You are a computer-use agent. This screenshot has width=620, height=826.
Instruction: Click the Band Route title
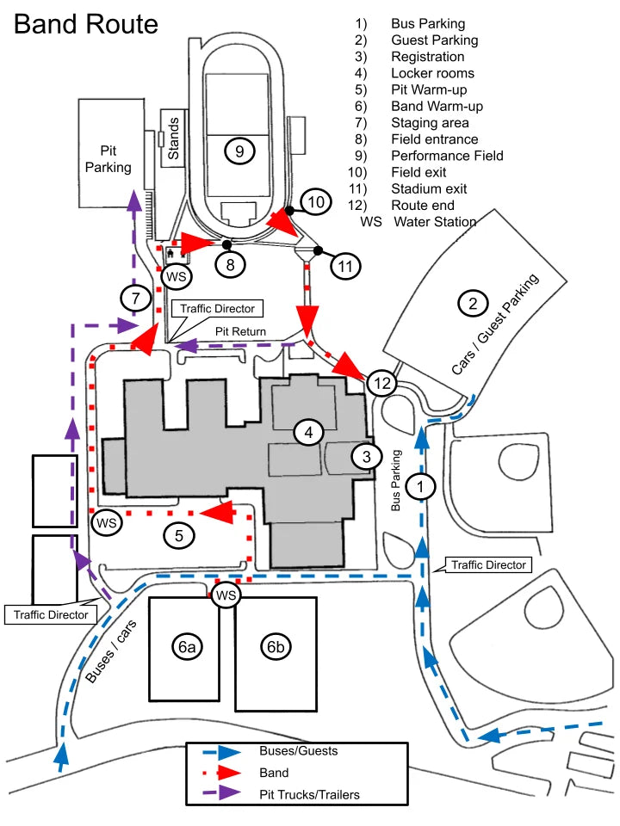[86, 23]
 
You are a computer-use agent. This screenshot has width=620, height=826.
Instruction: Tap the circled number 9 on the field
[239, 151]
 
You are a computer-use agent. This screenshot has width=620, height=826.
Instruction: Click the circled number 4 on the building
[307, 433]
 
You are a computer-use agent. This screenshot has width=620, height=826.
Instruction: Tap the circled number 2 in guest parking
[472, 303]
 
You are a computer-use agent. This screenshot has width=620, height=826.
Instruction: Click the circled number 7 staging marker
[135, 298]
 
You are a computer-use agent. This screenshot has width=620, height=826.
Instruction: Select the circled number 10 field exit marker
[316, 203]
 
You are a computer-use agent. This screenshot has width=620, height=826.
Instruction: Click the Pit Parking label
[108, 158]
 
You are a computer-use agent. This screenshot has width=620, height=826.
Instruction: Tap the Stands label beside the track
[173, 139]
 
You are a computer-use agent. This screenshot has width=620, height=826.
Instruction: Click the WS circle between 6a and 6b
[226, 595]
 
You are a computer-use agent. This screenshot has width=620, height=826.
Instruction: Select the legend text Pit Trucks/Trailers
[309, 794]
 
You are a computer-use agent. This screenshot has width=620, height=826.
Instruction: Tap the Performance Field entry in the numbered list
[446, 156]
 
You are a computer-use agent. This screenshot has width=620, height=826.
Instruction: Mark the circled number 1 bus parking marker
[420, 486]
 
